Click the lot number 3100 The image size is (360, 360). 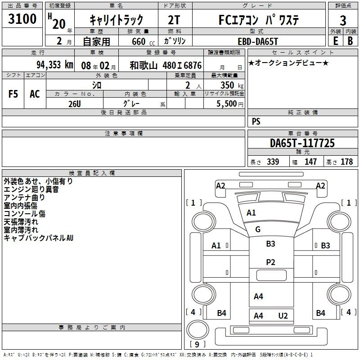22,18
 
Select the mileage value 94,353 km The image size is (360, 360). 55,65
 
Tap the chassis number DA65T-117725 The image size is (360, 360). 302,143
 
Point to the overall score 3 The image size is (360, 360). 343,21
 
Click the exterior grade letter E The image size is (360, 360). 335,41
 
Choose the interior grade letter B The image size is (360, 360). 350,41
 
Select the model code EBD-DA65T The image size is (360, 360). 258,41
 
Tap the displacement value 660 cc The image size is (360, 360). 143,41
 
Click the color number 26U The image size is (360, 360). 75,104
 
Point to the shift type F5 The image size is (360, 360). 13,94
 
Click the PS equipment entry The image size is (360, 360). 256,121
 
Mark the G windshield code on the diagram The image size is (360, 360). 258,229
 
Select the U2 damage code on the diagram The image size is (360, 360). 283,316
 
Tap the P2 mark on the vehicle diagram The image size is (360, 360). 270,262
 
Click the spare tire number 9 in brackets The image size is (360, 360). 197,344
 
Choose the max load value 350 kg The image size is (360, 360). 232,85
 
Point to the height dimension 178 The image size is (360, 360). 346,162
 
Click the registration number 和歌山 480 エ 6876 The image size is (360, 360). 166,65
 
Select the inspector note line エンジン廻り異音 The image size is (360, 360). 31,189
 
